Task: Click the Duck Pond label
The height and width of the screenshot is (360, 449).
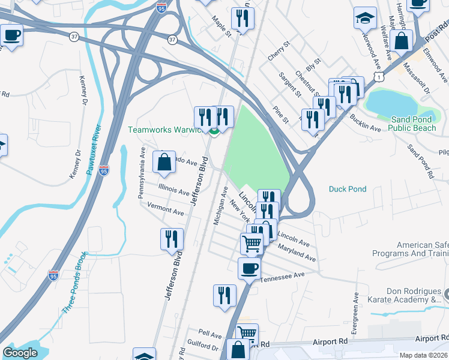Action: [348, 189]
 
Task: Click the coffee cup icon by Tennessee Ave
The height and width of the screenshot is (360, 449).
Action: [249, 269]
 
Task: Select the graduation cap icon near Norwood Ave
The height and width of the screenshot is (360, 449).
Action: [364, 19]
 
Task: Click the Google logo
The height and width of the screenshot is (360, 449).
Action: [20, 353]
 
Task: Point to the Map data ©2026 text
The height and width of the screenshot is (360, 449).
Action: [424, 355]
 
